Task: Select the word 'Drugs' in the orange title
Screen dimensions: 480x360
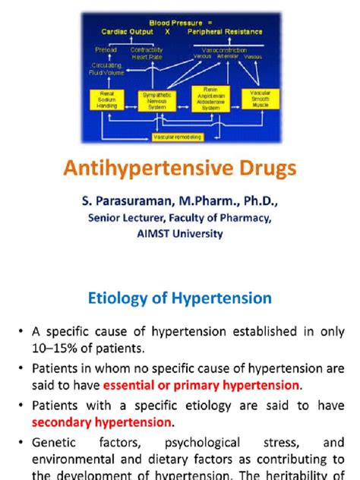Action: pyautogui.click(x=263, y=170)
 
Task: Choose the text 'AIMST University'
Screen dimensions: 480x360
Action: pyautogui.click(x=180, y=234)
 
